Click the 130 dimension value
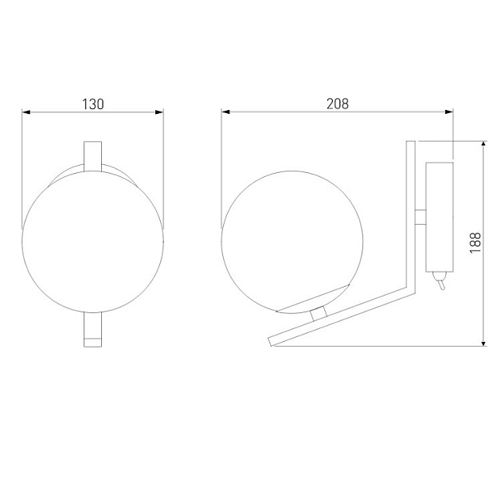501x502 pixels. pyautogui.click(x=93, y=104)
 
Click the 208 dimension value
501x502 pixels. pyautogui.click(x=338, y=104)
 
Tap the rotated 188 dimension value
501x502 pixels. pyautogui.click(x=476, y=243)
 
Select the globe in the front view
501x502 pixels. pyautogui.click(x=92, y=247)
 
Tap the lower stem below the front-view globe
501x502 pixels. pyautogui.click(x=92, y=331)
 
